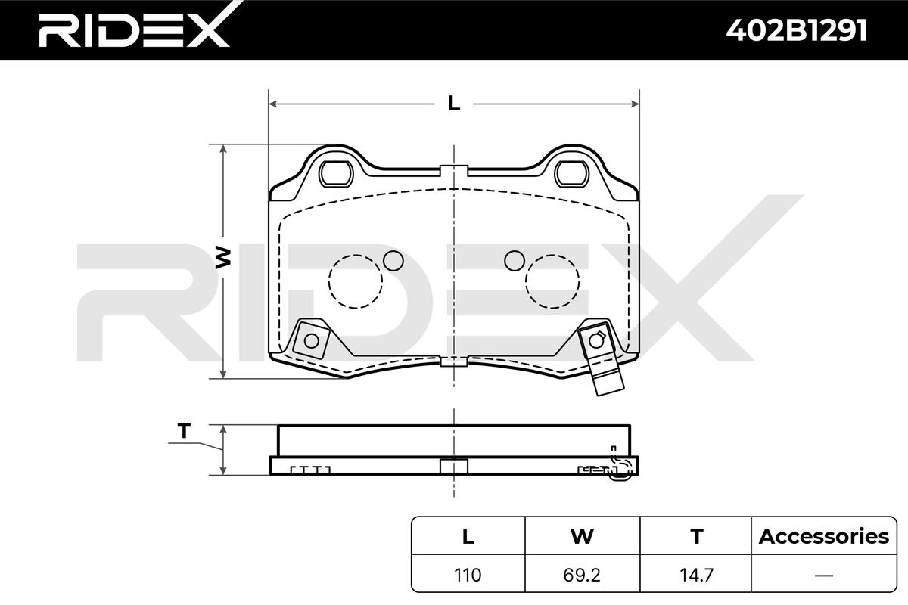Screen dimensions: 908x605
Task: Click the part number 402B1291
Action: pos(797,30)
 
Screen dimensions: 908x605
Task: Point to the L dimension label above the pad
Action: pos(454,104)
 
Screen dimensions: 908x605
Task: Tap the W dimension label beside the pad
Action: pos(223,258)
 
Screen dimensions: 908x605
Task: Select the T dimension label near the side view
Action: pos(185,431)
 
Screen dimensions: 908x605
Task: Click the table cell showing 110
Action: pos(468,575)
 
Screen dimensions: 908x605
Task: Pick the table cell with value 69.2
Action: pos(582,575)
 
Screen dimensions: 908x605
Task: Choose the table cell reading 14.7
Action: pos(696,575)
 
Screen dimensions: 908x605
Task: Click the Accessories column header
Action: pos(824,536)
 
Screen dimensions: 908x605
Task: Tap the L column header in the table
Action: pos(468,536)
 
